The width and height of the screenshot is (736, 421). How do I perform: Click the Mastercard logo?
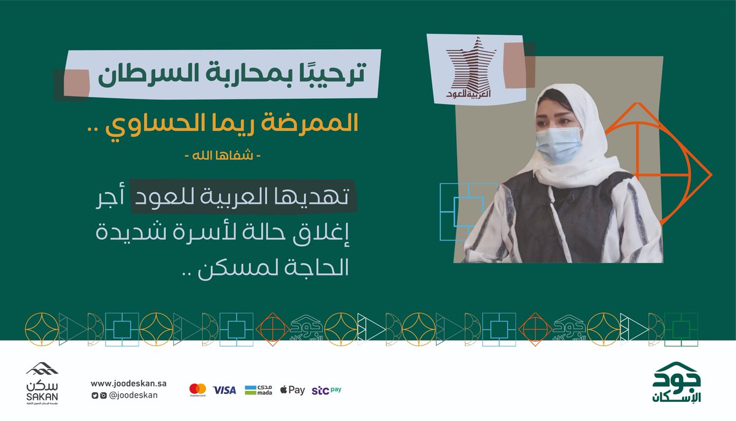click(197, 390)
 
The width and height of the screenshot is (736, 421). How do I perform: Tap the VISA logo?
click(224, 390)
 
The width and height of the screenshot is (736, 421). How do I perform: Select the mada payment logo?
click(258, 390)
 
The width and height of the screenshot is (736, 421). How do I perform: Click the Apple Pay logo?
click(292, 390)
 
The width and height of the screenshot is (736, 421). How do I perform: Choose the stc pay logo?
click(326, 390)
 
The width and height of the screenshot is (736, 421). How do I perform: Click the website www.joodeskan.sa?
click(129, 384)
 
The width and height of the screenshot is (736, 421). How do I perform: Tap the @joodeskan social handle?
click(132, 395)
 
